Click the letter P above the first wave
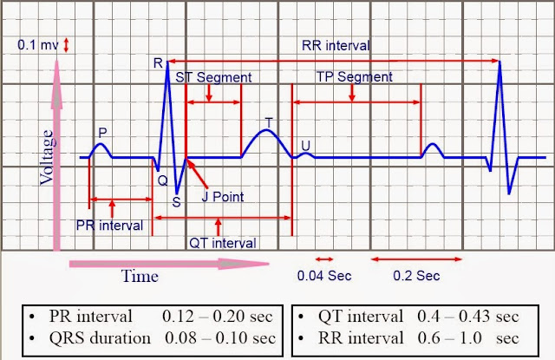(x=102, y=132)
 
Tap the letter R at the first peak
(x=157, y=63)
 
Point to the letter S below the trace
(x=176, y=202)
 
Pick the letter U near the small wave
(x=305, y=144)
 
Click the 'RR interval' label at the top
(x=336, y=45)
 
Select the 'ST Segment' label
(x=213, y=77)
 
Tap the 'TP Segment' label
(x=352, y=77)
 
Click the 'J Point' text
(x=223, y=197)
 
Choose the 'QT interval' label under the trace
(x=222, y=243)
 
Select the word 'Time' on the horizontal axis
(x=140, y=276)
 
